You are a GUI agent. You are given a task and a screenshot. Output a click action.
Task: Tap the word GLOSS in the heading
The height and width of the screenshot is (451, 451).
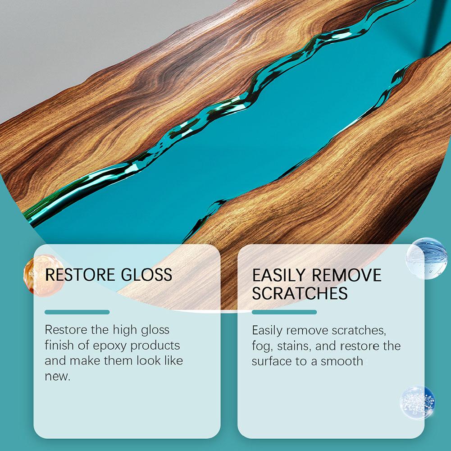point(147,274)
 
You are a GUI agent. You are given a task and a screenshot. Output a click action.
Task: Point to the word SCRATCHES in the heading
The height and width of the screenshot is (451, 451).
point(300,293)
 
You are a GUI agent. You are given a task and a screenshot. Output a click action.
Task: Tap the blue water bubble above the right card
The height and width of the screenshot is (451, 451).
point(427,258)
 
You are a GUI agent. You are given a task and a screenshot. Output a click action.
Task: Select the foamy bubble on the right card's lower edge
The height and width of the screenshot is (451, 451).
point(417,402)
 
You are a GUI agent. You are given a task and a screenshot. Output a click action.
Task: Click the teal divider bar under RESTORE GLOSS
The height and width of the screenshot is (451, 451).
point(77,312)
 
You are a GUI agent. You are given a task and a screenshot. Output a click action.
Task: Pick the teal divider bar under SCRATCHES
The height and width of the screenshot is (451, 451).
point(284,312)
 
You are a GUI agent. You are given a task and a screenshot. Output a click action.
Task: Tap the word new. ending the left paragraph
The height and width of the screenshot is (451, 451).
point(58,376)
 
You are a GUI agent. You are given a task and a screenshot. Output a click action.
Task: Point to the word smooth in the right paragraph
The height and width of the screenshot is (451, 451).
point(342,361)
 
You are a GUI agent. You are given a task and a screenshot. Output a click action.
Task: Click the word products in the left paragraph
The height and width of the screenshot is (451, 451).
point(155,346)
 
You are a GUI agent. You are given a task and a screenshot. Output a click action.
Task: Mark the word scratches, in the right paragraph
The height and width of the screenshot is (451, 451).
point(359,331)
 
